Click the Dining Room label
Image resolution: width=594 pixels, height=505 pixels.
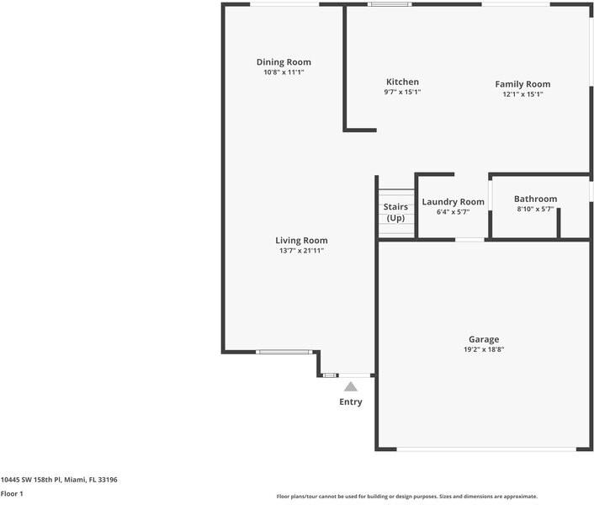pos(284,62)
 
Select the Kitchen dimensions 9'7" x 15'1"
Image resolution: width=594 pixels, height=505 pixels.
pos(402,93)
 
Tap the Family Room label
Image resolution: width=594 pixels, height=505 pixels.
pos(522,84)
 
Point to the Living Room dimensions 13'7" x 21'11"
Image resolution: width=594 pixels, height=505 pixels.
pos(301,251)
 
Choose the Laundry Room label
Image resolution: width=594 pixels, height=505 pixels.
pos(453,202)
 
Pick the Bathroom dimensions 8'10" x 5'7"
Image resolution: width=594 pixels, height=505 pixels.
pos(535,210)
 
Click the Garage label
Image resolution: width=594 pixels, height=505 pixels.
pos(484,339)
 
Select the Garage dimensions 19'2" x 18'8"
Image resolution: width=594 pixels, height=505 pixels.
pos(484,349)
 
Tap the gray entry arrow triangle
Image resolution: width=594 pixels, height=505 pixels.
pos(351,387)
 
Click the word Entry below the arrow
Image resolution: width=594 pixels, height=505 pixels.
pos(351,402)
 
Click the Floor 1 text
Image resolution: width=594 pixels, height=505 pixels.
pos(12,494)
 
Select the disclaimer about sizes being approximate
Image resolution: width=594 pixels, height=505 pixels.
pos(406,497)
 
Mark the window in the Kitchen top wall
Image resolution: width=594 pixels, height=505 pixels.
pos(390,5)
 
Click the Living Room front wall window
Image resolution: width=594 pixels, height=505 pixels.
pos(284,352)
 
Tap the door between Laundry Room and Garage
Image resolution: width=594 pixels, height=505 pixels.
pos(469,240)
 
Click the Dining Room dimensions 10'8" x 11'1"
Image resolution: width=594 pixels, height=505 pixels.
pos(284,72)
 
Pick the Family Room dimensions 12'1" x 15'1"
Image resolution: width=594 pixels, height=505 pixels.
pos(522,94)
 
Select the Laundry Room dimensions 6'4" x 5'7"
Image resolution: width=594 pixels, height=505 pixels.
pos(453,212)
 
